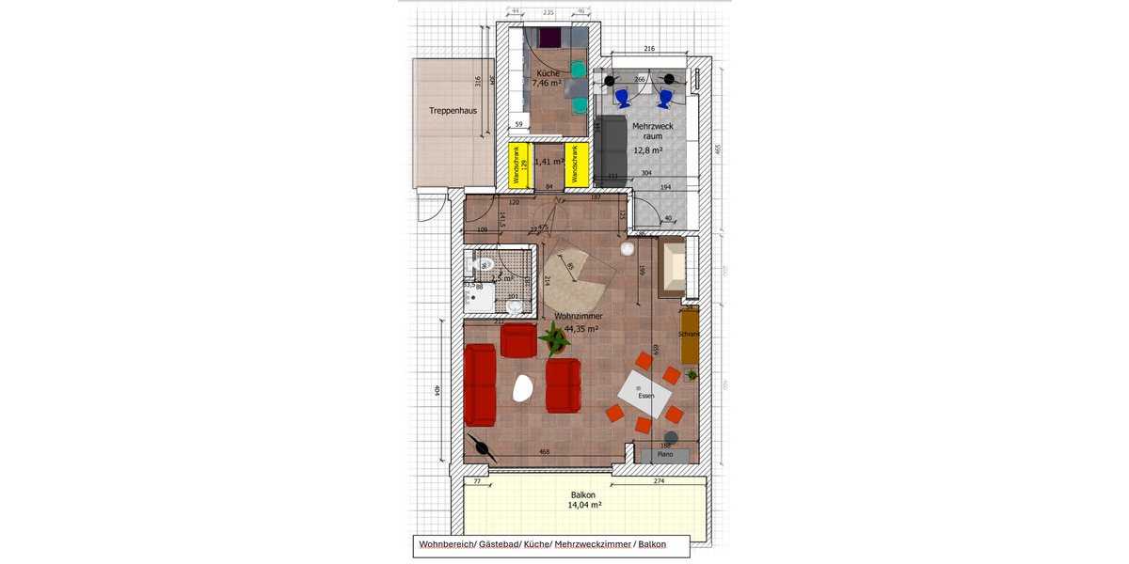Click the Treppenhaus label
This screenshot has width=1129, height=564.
(x=453, y=110)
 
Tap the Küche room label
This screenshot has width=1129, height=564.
(x=548, y=73)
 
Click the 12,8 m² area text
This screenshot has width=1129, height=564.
(x=647, y=150)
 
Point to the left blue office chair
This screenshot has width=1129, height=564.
(x=622, y=96)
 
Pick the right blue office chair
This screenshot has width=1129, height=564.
(x=666, y=96)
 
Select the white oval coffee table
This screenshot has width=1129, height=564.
(x=522, y=387)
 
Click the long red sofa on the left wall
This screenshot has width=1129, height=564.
(x=481, y=384)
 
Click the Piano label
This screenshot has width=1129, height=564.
(x=665, y=454)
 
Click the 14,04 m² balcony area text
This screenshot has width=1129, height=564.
(x=584, y=505)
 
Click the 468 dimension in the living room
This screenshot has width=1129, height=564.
(x=544, y=452)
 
